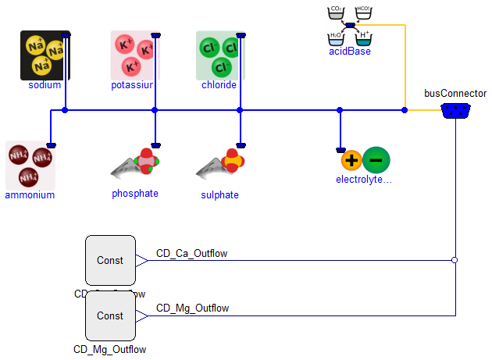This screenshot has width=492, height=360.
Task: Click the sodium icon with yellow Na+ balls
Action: [x=45, y=55]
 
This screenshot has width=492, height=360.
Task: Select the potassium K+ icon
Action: [x=134, y=55]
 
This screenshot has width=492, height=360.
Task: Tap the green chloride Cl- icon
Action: [x=220, y=55]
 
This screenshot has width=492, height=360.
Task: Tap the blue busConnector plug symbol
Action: [x=455, y=111]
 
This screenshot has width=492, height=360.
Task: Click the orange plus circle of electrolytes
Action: [x=352, y=161]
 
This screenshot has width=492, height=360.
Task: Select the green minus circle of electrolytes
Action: [x=376, y=161]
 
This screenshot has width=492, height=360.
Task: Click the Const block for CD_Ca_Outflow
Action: [x=110, y=260]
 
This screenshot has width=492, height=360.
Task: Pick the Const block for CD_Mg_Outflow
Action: [x=110, y=316]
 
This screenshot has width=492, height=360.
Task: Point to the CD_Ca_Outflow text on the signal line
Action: [x=192, y=252]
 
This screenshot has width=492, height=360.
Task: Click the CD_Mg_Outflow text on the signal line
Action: [x=192, y=308]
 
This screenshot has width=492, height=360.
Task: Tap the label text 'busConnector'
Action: [x=455, y=93]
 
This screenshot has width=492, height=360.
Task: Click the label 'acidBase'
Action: [x=350, y=52]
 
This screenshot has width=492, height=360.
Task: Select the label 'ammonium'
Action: [x=30, y=195]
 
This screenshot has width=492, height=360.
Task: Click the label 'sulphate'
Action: [x=219, y=194]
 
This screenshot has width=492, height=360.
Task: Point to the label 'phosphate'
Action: [x=135, y=194]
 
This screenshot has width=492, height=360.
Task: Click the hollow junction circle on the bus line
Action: [x=455, y=260]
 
